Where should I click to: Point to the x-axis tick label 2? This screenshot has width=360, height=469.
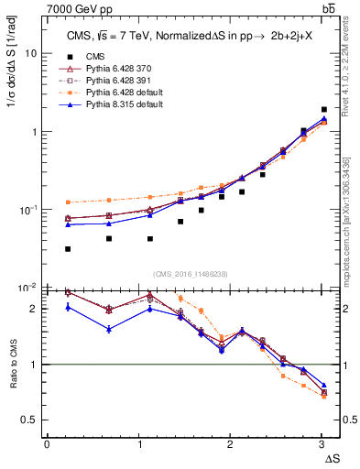pyautogui.click(x=230, y=444)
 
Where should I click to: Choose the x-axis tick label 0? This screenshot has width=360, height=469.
pyautogui.click(x=47, y=444)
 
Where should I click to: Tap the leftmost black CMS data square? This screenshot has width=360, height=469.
pyautogui.click(x=69, y=249)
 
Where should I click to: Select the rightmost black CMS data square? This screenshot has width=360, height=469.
pyautogui.click(x=324, y=109)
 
